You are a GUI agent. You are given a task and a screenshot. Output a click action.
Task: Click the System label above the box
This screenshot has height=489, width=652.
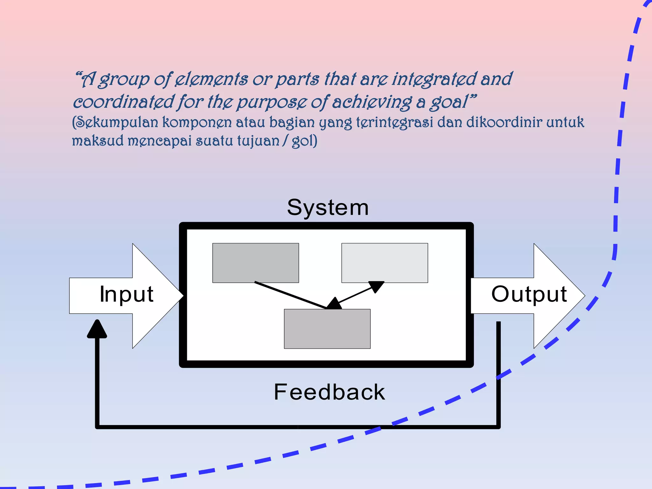328,208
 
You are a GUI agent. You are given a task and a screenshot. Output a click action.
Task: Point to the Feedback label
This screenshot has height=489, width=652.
329,392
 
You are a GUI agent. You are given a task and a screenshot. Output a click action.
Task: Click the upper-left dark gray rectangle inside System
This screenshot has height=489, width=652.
255,263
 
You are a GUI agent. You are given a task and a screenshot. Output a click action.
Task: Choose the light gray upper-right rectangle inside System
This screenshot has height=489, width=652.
385,263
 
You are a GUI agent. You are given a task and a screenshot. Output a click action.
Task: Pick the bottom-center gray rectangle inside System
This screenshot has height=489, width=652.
327,329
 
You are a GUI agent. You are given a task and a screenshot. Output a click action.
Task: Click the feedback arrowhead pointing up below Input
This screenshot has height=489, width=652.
97,330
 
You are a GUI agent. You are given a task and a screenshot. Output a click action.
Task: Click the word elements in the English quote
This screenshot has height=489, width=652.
211,79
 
